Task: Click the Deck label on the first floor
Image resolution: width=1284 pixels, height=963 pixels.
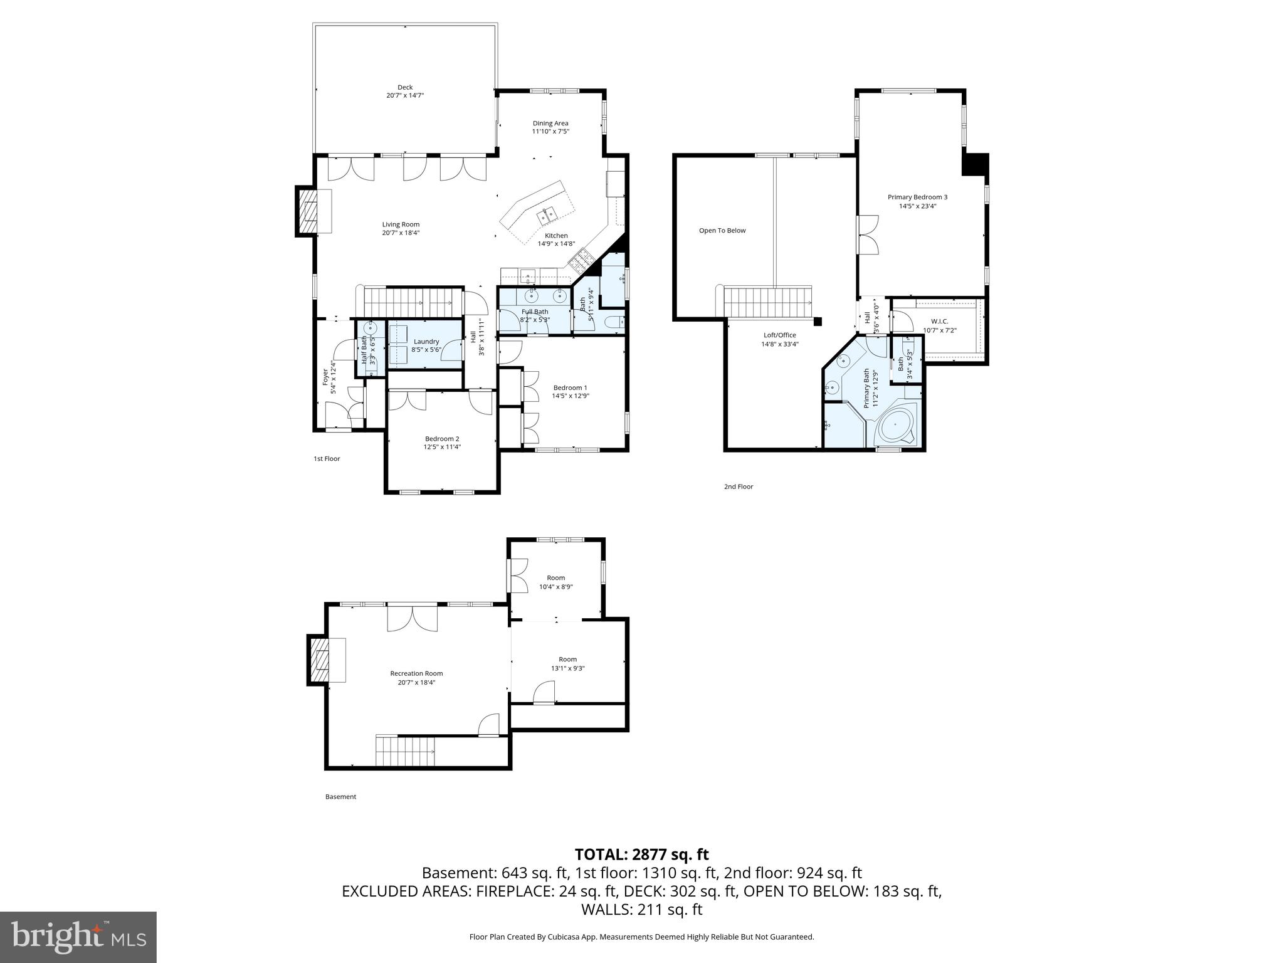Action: point(405,87)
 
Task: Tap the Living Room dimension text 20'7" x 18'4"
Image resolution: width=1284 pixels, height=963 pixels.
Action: point(401,233)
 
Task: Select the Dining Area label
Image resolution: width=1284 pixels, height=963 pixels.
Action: point(550,124)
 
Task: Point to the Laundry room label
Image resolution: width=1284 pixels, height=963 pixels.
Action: point(426,342)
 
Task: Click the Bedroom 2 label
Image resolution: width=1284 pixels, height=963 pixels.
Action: point(442,439)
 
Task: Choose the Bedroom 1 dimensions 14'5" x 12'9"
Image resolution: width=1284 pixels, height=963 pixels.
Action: point(571,396)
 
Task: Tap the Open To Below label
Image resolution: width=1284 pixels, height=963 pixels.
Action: point(722,231)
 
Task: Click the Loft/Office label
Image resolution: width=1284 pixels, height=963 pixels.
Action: point(779,335)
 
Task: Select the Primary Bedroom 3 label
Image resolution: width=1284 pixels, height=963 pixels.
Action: point(917,197)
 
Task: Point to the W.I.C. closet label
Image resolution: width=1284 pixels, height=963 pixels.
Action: point(939,322)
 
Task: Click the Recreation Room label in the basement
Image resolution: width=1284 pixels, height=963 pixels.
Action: point(416,674)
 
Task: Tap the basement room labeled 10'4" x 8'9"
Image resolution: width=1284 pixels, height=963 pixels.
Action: point(555,582)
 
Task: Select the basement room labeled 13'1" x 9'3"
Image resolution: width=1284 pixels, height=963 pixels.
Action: point(567,663)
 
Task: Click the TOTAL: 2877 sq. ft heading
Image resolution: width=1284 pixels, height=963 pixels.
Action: point(641,855)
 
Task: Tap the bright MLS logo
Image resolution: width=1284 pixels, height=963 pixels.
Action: point(78,937)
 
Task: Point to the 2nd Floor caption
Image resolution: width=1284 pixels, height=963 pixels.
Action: point(738,487)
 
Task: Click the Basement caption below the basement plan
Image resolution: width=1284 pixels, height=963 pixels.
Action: point(340,797)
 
